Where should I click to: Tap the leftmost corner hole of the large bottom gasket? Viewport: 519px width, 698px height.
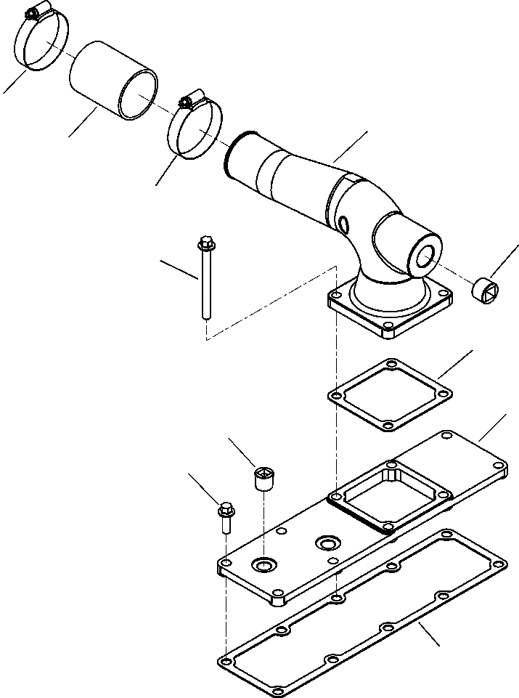(225, 662)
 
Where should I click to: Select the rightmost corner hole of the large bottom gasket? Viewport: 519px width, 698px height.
(499, 561)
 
